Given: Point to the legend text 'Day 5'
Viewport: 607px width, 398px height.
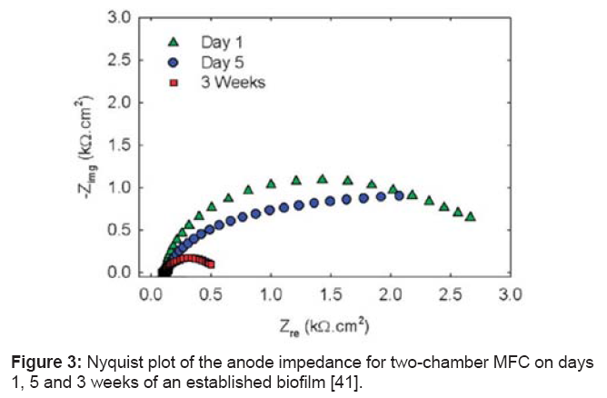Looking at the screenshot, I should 221,62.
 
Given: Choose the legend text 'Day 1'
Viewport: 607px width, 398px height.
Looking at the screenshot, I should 221,41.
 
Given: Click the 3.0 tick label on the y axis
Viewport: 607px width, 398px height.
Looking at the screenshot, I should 119,17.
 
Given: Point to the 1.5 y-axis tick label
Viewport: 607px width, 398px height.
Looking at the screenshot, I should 119,145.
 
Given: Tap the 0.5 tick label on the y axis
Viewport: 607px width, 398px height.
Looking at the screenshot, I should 119,231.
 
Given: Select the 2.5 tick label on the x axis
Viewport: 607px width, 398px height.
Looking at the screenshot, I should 450,296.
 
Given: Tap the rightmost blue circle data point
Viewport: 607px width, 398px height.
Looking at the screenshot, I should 399,195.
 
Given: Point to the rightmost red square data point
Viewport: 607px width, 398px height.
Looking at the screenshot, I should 210,264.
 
